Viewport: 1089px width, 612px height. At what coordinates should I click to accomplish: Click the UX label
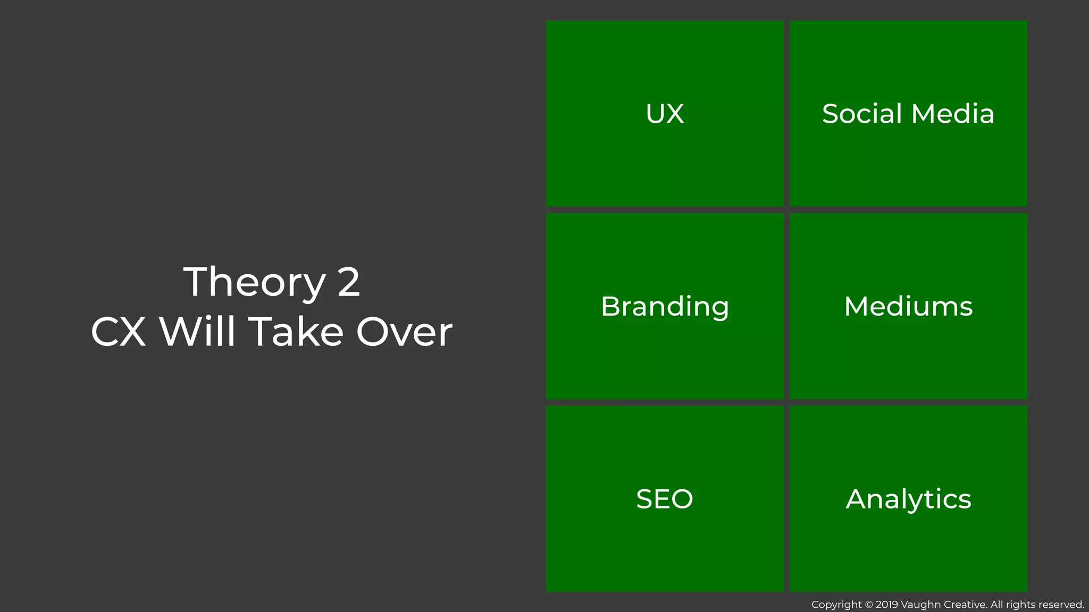point(665,114)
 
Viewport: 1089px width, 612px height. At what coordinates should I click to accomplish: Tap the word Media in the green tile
point(952,114)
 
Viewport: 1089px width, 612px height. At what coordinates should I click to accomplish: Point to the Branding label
point(665,307)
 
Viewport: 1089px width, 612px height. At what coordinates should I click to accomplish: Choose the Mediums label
point(908,307)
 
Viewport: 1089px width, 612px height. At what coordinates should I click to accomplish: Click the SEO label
point(665,499)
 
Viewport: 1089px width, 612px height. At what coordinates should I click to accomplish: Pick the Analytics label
point(908,499)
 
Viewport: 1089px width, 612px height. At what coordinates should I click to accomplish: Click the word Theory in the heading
point(254,282)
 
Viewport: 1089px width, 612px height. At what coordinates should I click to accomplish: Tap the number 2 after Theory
point(349,282)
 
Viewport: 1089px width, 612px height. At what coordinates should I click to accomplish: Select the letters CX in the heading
point(119,332)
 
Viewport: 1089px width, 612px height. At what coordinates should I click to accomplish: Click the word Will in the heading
point(197,331)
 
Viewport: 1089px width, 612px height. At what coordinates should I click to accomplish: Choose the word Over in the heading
point(404,332)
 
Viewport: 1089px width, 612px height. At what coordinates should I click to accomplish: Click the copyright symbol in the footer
point(869,605)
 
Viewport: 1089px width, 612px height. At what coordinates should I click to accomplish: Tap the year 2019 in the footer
point(887,605)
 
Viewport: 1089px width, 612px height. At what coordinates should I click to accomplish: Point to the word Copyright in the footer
point(836,605)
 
